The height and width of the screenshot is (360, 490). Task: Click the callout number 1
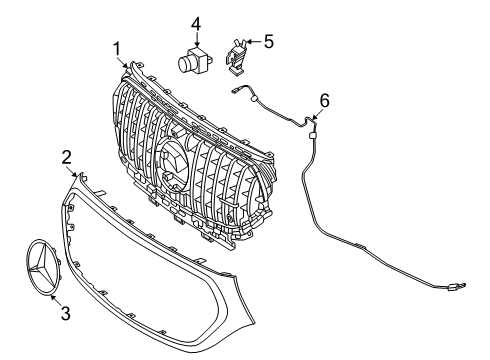(x=117, y=49)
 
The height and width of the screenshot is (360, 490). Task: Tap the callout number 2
(x=67, y=157)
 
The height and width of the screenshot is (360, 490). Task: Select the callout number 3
(x=66, y=313)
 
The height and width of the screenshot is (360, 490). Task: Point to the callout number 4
(x=196, y=25)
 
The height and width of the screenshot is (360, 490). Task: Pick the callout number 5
(x=268, y=41)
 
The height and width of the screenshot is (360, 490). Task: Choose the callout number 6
(x=324, y=101)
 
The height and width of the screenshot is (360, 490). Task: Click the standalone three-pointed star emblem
(x=42, y=267)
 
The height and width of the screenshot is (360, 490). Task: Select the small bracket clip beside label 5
(x=237, y=56)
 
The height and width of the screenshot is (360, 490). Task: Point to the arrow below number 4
(x=197, y=40)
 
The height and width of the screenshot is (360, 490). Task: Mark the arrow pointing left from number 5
(x=253, y=42)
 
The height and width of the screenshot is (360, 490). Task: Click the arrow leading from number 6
(x=317, y=114)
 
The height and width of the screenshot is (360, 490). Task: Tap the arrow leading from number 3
(x=55, y=300)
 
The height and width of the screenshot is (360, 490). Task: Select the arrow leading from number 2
(x=75, y=172)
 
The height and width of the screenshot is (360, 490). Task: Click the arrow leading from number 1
(x=123, y=62)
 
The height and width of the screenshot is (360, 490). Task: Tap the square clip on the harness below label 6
(x=312, y=135)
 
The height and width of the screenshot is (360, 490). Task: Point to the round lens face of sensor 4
(x=184, y=64)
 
